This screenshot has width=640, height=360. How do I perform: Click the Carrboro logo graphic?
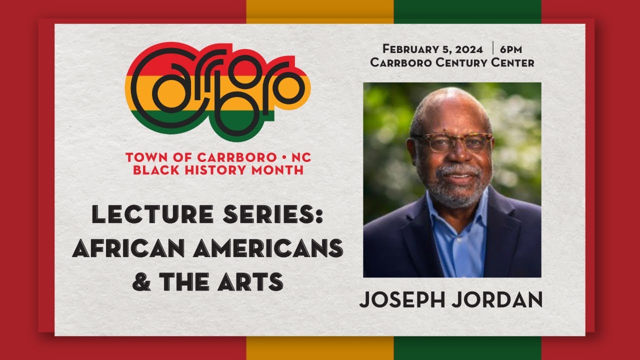[217, 89]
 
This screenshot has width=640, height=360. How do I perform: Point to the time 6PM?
[510, 49]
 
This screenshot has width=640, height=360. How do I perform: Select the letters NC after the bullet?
[300, 157]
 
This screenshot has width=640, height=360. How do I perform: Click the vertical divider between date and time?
[492, 48]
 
